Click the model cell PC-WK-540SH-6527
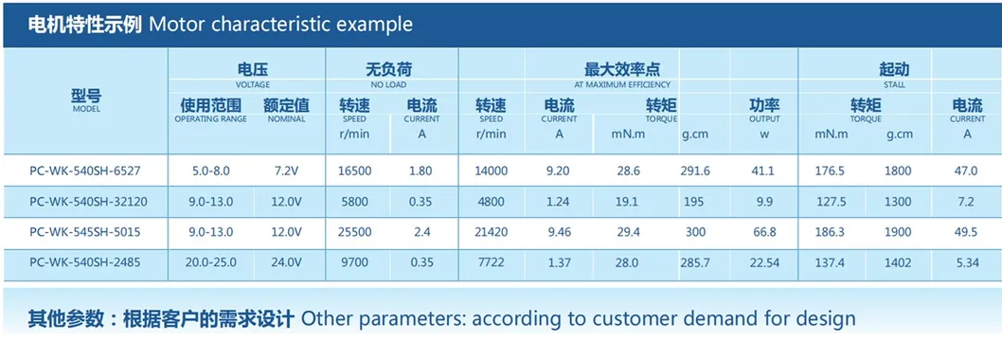click(x=85, y=171)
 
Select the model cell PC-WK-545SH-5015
click(x=85, y=232)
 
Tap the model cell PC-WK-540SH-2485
click(x=85, y=262)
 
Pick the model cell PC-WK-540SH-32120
click(x=88, y=202)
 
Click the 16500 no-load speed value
click(x=354, y=171)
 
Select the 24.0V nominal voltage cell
click(x=286, y=262)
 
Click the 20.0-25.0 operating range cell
click(x=210, y=262)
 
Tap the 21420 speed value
click(x=491, y=232)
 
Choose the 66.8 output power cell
click(x=764, y=232)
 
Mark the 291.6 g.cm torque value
click(x=694, y=171)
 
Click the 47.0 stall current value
click(x=966, y=171)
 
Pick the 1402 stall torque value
click(x=899, y=262)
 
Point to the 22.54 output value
click(x=764, y=262)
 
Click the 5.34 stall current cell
click(x=966, y=262)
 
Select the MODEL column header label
click(x=86, y=109)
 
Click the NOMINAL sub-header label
click(x=286, y=119)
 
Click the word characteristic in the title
click(x=270, y=25)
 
